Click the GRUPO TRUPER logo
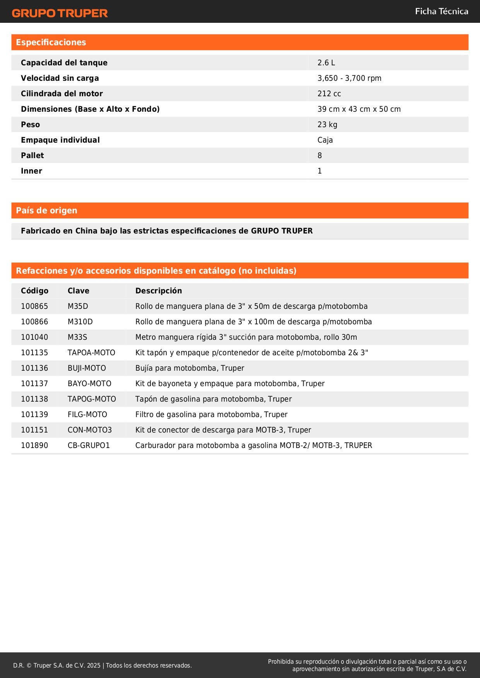coord(60,13)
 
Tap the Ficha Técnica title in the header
coord(441,12)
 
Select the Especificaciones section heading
coord(51,43)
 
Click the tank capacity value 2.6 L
coord(326,63)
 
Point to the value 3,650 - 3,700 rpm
coord(349,78)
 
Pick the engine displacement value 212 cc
coord(329,94)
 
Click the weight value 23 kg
coord(327,124)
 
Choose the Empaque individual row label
coord(60,140)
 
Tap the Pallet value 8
coord(319,155)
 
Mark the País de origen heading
coord(46,211)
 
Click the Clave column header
coord(79,291)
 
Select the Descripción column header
coord(159,291)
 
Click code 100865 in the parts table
coord(34,306)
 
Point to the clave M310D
coord(80,322)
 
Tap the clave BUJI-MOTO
coord(87,368)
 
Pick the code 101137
coord(34,383)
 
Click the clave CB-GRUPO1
coord(89,445)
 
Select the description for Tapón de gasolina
coord(214,399)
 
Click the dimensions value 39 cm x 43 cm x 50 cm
coord(359,109)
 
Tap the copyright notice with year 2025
coord(102,665)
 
